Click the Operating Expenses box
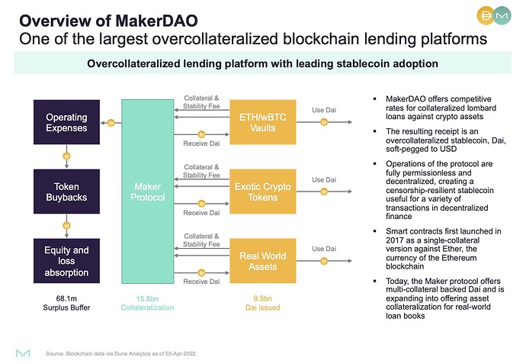pos(66,122)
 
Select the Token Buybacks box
pos(66,192)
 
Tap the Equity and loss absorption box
pos(66,260)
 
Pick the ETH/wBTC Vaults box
pos(261,122)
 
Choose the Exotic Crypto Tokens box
pos(261,192)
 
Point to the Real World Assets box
pos(261,260)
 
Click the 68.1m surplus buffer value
pos(66,298)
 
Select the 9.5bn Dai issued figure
pos(261,298)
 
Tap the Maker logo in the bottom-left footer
pos(24,353)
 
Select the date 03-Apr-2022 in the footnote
pos(185,353)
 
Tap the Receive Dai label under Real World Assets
pos(202,282)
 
